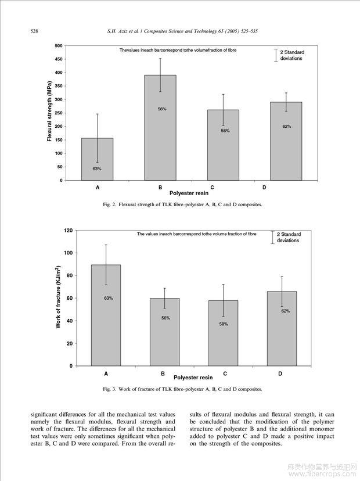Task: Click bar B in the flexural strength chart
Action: point(160,128)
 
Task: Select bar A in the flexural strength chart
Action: point(97,159)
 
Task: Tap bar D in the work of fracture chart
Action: point(282,329)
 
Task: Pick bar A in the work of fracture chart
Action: point(106,315)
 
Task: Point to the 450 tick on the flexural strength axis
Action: point(59,59)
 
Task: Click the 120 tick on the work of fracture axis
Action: point(69,231)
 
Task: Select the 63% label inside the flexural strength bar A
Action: point(97,168)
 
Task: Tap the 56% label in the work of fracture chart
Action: point(165,318)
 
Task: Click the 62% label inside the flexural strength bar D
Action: point(287,127)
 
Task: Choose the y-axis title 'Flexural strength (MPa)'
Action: point(49,112)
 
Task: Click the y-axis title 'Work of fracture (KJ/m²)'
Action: point(58,297)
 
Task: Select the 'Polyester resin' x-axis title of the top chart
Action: point(189,193)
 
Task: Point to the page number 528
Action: point(34,31)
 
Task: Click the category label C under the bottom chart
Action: point(225,374)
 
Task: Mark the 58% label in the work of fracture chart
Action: point(224,324)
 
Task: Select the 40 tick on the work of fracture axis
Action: point(70,321)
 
